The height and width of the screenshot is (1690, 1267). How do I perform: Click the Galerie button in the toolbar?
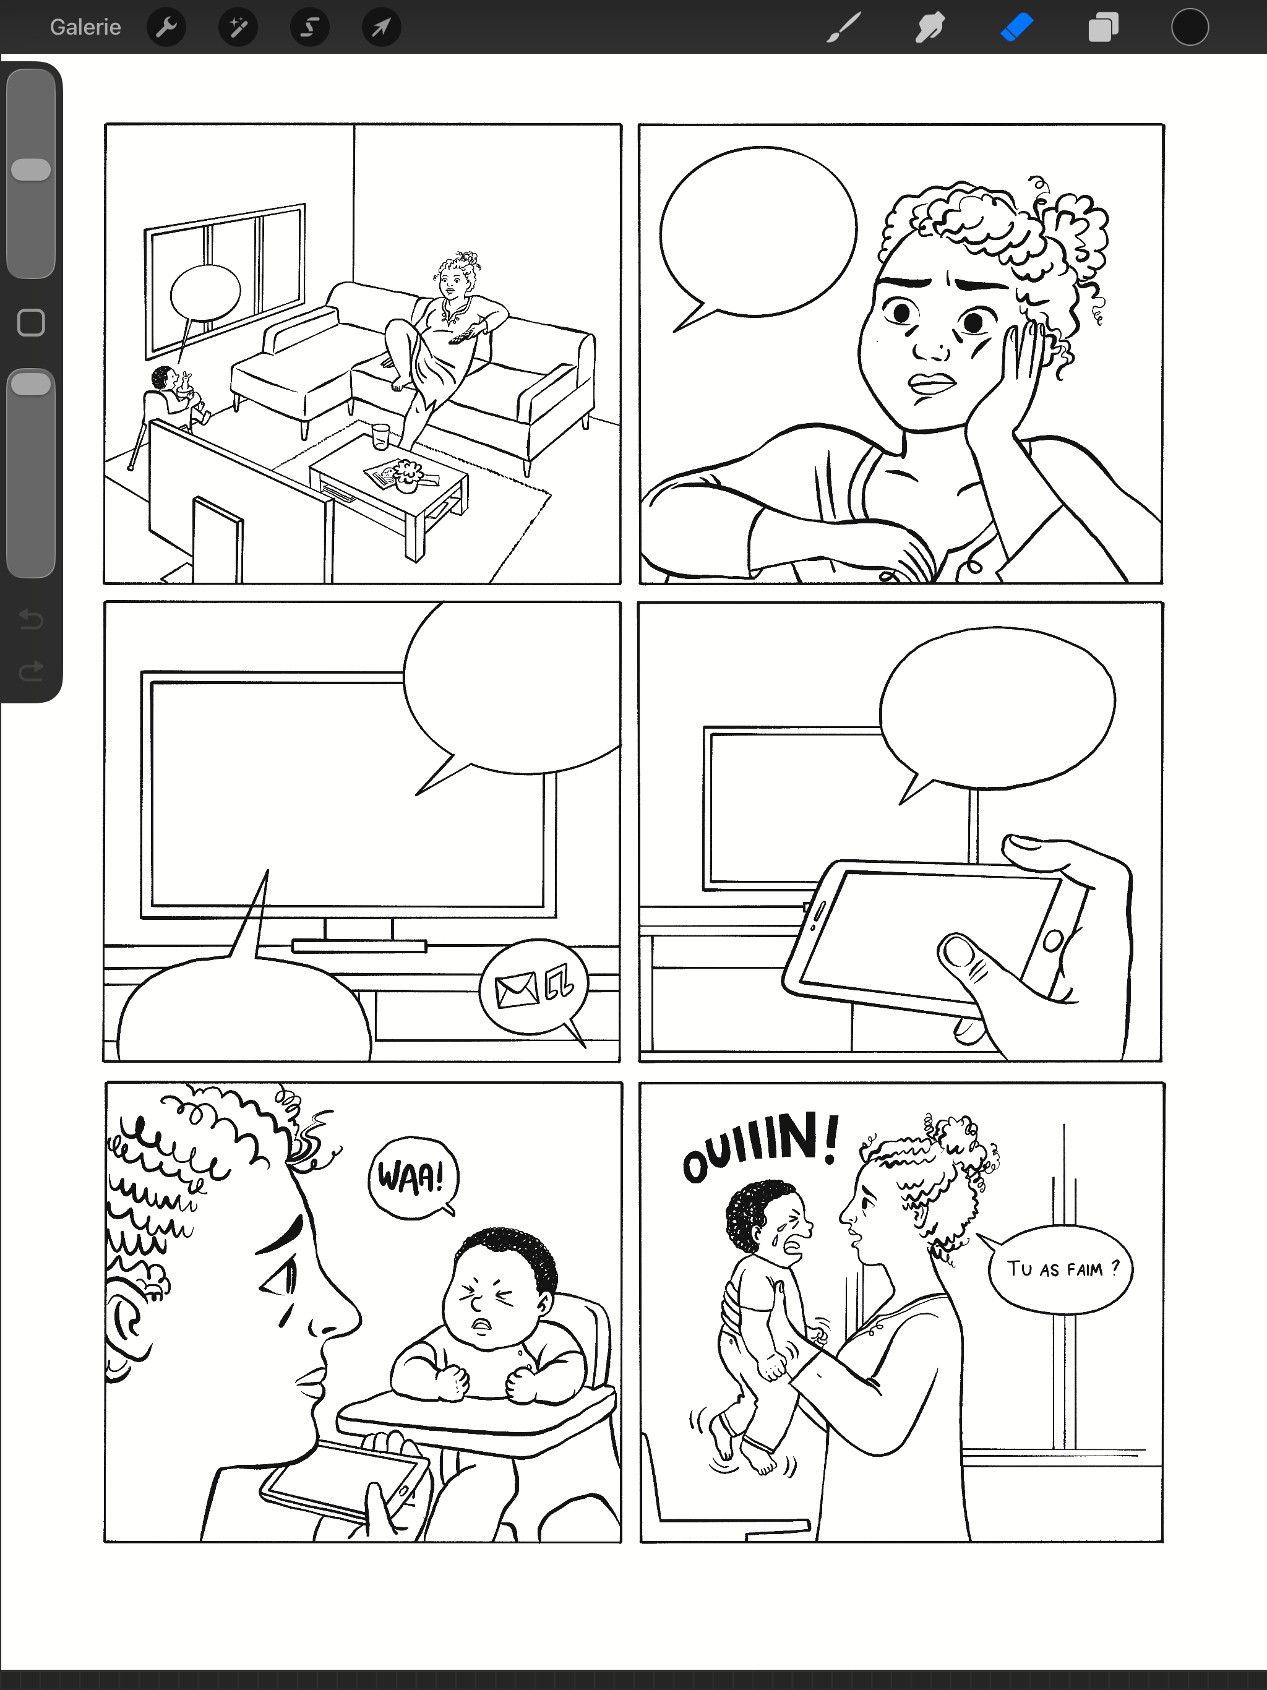(x=85, y=27)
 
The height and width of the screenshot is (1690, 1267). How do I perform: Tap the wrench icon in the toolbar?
(x=166, y=27)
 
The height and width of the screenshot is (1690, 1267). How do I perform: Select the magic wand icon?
(x=238, y=27)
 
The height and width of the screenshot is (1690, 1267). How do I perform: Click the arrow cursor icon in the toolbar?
(x=381, y=27)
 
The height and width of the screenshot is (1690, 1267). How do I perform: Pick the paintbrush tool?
(x=844, y=27)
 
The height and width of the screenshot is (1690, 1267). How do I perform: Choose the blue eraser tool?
(x=1016, y=27)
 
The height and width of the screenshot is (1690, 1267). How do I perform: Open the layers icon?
(x=1102, y=27)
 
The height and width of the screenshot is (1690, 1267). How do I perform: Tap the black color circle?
(x=1190, y=27)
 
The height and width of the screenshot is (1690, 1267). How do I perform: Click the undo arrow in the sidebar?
(x=30, y=618)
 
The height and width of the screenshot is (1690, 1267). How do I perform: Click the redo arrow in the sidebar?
(x=30, y=671)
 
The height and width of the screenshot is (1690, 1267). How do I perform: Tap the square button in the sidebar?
(x=30, y=322)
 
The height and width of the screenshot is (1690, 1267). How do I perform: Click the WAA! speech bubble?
(x=413, y=1177)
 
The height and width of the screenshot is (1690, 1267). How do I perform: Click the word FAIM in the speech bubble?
(x=1084, y=1270)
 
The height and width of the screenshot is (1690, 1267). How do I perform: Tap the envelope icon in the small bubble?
(x=517, y=991)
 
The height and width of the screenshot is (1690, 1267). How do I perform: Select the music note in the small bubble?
(x=559, y=982)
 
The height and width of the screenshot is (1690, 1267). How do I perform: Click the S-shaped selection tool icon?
(x=309, y=27)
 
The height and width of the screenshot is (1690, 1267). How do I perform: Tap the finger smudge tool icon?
(x=930, y=27)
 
